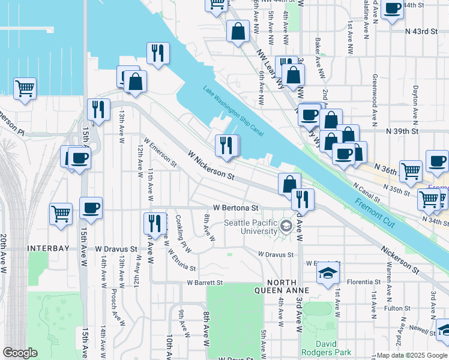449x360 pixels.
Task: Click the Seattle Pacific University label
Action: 250,227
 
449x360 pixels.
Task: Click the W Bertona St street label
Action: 234,208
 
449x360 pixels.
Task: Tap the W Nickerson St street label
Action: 211,165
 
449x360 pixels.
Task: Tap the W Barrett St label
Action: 204,282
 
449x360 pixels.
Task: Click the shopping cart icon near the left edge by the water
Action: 25,89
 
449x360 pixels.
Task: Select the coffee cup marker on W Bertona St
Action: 91,208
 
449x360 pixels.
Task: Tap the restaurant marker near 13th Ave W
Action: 97,109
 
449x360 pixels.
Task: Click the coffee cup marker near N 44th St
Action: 392,9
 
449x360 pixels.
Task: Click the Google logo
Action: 20,353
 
